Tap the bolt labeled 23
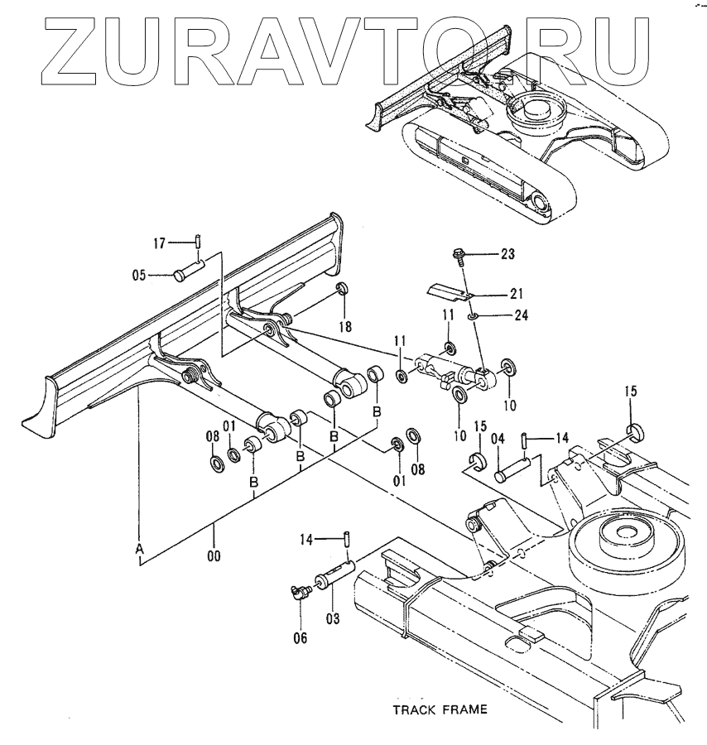point(458,256)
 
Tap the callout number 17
point(160,242)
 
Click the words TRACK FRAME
point(439,709)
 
